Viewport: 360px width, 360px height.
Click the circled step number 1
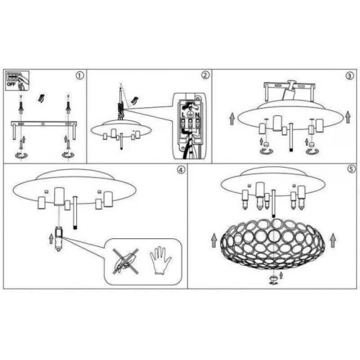pos(80,75)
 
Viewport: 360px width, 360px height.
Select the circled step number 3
pos(349,75)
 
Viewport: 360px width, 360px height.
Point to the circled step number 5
pos(349,171)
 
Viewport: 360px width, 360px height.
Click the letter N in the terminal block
pos(197,112)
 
